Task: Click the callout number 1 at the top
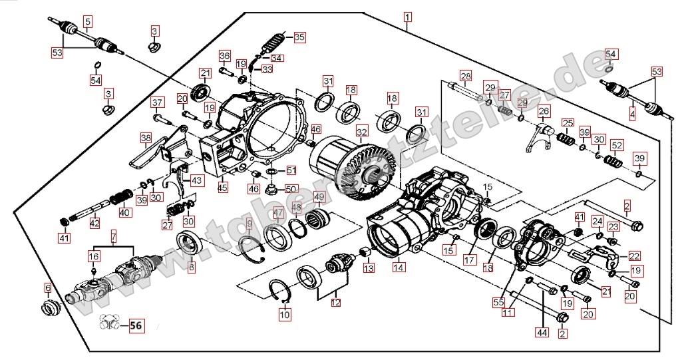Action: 407,16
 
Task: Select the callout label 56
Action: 136,326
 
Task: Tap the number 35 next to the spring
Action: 299,37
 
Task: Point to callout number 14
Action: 398,268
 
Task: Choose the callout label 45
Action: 222,188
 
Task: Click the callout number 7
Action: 113,237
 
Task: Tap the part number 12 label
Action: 335,303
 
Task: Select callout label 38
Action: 146,138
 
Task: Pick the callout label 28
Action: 465,76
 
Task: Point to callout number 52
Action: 617,146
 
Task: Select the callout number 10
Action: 284,313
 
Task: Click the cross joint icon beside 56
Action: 110,324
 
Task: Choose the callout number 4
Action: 631,114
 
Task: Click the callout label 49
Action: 319,197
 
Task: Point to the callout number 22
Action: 633,255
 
